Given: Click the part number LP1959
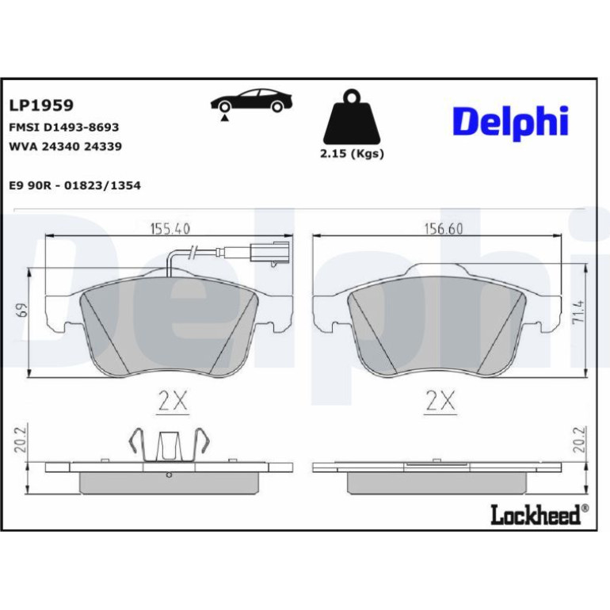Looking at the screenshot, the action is tap(41, 105).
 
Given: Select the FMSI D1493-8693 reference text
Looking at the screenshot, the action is tap(64, 128).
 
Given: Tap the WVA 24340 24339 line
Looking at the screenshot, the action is tap(65, 147).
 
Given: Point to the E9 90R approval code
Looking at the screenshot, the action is tap(74, 185).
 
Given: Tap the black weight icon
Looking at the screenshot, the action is tap(352, 116).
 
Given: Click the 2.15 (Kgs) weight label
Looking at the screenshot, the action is tap(352, 154).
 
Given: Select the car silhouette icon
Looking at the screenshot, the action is tap(251, 101).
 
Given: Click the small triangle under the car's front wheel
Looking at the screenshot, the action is tap(224, 118).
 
